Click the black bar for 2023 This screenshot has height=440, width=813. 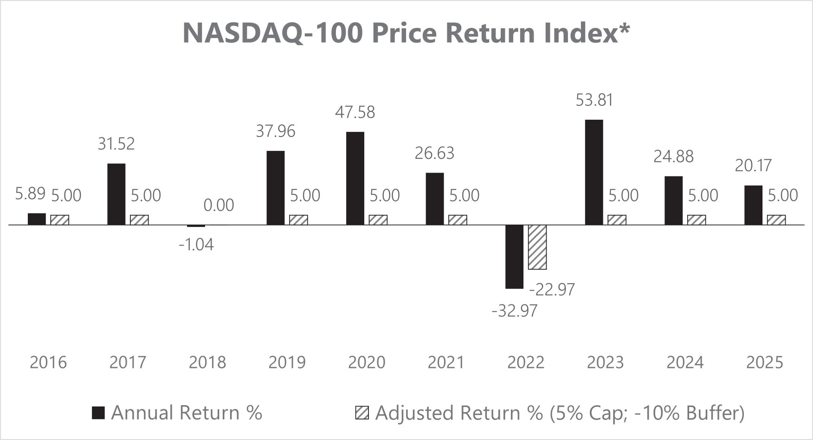tap(594, 172)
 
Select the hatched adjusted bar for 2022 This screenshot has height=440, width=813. tap(537, 247)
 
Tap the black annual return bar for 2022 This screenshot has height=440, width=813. tap(514, 257)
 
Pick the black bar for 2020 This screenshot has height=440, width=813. tap(355, 178)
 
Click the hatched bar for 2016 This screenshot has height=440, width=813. tap(59, 220)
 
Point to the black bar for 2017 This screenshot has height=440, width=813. tap(116, 194)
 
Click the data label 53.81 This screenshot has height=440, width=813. tap(594, 100)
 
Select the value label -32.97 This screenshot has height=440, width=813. tap(515, 311)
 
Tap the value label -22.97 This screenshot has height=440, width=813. tap(552, 290)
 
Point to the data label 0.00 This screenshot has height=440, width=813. tap(219, 205)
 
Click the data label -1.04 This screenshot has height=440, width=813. tap(196, 245)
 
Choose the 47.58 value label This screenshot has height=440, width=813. tap(355, 112)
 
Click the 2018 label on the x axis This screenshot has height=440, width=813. tap(207, 362)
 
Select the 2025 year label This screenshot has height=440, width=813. tap(765, 362)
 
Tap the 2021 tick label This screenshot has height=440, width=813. tap(446, 362)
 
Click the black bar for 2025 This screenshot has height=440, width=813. tap(754, 205)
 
